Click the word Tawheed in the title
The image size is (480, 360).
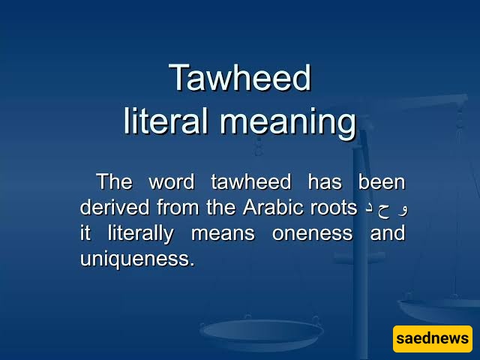point(240,77)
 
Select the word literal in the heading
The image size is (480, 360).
point(166,121)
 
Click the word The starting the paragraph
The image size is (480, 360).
point(115,181)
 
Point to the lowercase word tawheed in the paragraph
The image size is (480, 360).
point(251,181)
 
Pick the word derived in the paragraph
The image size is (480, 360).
point(115,207)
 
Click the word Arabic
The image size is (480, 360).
point(273,207)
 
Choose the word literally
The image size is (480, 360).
point(141,235)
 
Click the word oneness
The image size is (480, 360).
point(313,234)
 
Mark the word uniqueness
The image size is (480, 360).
point(137,260)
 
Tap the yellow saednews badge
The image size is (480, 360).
point(433,338)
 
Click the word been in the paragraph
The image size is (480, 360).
point(382,181)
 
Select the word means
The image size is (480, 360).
point(223,234)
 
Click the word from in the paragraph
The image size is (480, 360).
point(178,207)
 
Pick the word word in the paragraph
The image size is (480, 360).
point(172,182)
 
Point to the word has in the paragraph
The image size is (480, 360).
point(325,181)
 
